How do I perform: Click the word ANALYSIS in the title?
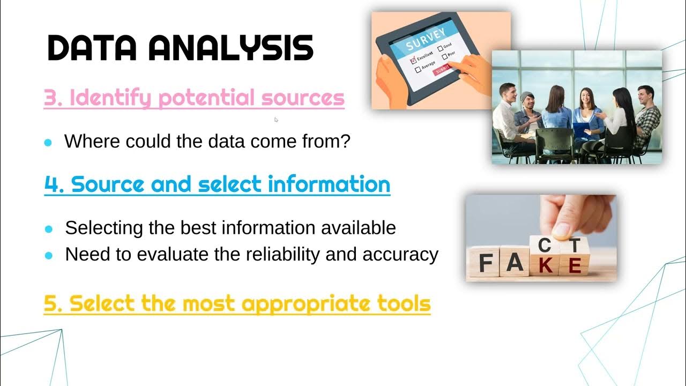click(230, 48)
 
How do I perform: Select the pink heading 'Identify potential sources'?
click(194, 98)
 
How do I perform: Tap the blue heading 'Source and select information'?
click(217, 184)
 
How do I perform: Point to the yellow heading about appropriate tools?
click(237, 303)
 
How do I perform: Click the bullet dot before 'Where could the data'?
click(48, 143)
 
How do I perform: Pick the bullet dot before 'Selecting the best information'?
click(49, 229)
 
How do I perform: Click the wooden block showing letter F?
click(486, 263)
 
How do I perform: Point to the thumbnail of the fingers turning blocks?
click(541, 237)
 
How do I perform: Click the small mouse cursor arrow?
click(276, 120)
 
